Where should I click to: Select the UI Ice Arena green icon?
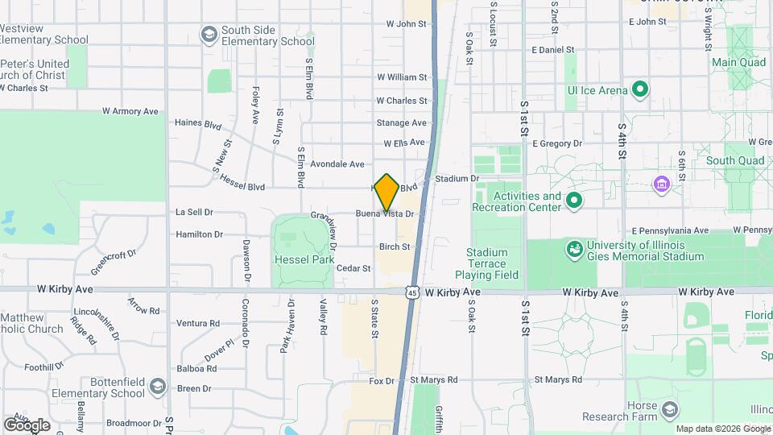click(641, 89)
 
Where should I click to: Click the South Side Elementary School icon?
click(209, 35)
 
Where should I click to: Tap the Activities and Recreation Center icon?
click(574, 201)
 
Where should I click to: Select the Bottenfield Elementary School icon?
click(158, 387)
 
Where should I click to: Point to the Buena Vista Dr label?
click(385, 214)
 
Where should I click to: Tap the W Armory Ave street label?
click(130, 111)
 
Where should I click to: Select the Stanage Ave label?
click(401, 122)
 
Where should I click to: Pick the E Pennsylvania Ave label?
click(670, 230)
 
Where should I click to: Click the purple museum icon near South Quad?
click(662, 184)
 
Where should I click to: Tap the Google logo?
click(27, 425)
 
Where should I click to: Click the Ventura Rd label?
click(198, 323)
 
